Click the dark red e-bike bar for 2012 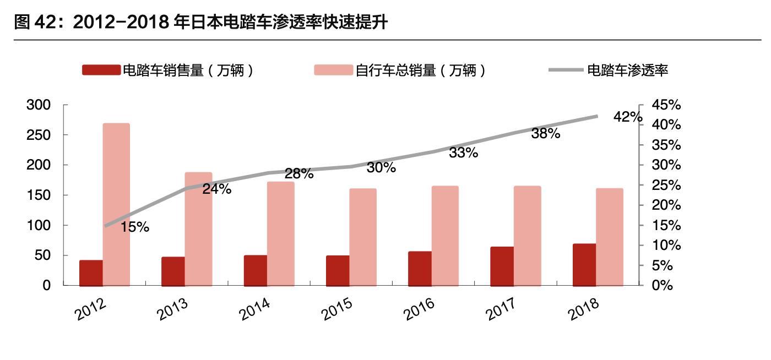click(91, 273)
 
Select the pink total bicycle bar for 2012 click(116, 205)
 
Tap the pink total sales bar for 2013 click(198, 229)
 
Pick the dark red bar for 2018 click(584, 265)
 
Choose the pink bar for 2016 click(445, 236)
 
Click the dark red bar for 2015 click(338, 271)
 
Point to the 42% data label click(627, 117)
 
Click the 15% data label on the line click(134, 227)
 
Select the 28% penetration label click(299, 174)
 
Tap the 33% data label click(463, 153)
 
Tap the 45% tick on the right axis click(666, 105)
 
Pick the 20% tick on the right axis click(666, 205)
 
